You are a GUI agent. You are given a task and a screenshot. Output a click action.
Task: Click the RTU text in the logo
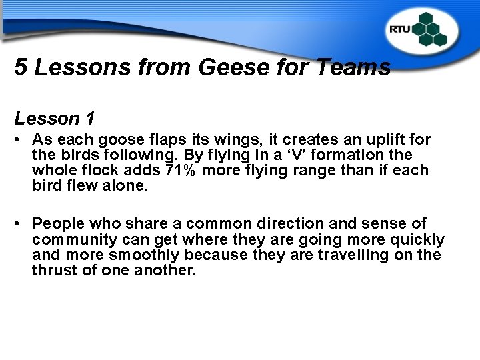click(x=400, y=29)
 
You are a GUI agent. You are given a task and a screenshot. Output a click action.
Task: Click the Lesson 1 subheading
click(x=54, y=119)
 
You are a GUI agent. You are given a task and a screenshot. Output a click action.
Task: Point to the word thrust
click(x=51, y=271)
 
